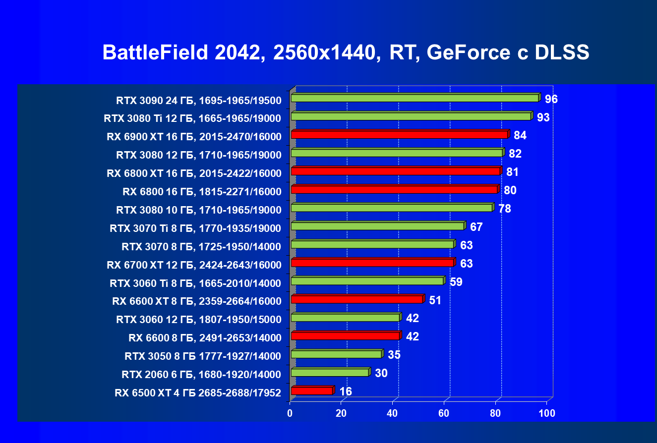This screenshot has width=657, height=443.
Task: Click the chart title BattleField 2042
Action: click(346, 53)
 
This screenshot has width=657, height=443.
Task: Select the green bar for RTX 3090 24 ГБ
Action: click(415, 98)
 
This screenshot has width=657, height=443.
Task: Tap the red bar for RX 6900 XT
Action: click(399, 135)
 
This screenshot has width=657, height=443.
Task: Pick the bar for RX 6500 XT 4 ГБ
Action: click(311, 391)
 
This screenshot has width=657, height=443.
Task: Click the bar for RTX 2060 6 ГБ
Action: click(330, 372)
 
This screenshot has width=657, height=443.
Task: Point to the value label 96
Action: click(551, 99)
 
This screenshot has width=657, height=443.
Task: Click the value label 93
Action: click(543, 117)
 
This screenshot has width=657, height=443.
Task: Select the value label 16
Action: click(346, 391)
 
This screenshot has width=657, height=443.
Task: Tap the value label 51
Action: click(435, 300)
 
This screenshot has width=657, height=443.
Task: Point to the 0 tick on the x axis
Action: click(290, 413)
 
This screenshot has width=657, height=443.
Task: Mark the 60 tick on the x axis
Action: click(444, 413)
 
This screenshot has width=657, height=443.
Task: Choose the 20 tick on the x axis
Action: click(341, 413)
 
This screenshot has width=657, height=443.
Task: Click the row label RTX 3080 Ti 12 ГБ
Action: click(192, 118)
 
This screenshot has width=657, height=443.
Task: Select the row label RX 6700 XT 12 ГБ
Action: click(194, 265)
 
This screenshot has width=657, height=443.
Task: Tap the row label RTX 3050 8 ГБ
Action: click(203, 356)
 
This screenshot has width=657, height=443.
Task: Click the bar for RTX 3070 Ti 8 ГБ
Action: click(377, 226)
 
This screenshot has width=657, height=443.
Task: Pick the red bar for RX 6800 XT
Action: click(395, 171)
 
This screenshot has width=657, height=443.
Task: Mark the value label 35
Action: click(394, 355)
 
